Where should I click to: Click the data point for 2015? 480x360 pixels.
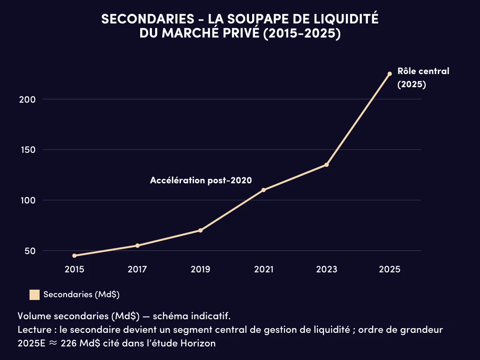coord(75,255)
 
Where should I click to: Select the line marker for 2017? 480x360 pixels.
coord(137,246)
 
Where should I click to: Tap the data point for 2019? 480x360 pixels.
coord(201,230)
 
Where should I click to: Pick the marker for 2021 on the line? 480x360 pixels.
coord(263,190)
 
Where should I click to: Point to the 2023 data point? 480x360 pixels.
coord(327,165)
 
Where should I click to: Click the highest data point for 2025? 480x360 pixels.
coord(390,74)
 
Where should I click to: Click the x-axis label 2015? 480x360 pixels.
coord(75,270)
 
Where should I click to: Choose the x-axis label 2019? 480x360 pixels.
coord(201,270)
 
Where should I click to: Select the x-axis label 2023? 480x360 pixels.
coord(327,270)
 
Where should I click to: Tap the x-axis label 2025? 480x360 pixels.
coord(390,270)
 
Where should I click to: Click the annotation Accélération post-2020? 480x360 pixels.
coord(201,180)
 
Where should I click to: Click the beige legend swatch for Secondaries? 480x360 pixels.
coord(34,295)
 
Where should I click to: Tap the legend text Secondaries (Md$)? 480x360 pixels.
coord(82,295)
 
